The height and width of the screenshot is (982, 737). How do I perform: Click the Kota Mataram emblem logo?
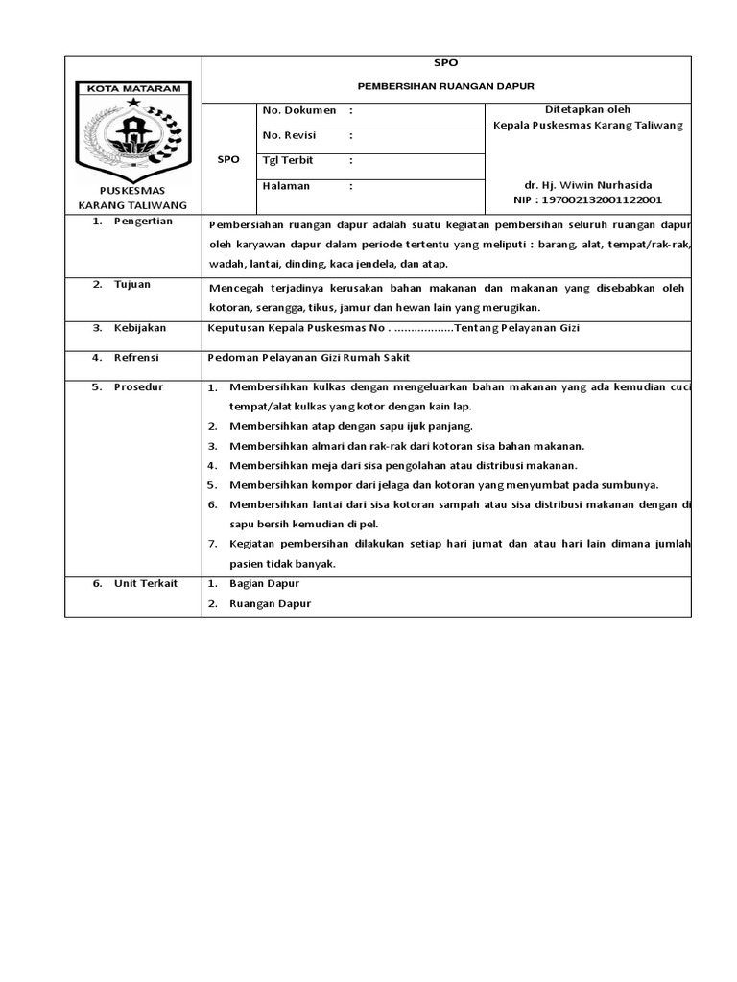point(133,129)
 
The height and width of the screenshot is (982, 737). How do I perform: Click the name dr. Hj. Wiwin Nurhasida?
point(587,183)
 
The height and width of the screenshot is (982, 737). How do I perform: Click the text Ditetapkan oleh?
point(587,110)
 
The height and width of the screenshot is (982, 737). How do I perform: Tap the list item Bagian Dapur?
point(265,583)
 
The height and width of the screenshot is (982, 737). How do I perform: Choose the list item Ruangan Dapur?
point(271,603)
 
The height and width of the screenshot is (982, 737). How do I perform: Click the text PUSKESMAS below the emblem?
point(132,191)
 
